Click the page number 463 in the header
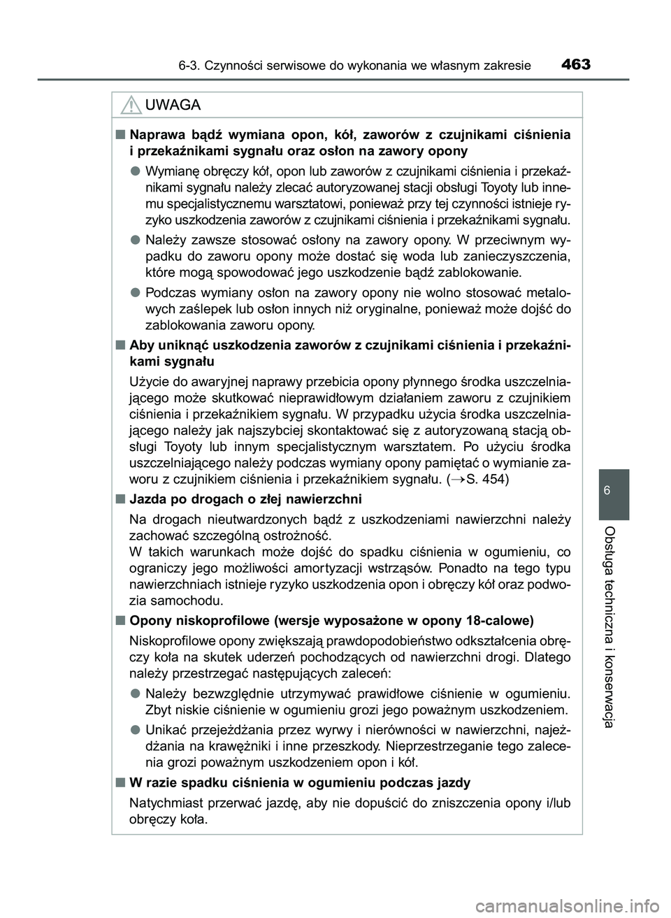coord(575,65)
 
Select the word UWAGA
coord(172,106)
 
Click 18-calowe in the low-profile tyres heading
coord(497,621)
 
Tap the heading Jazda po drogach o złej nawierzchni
coord(245,499)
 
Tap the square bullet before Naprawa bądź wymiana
coord(120,134)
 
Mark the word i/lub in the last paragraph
coord(556,803)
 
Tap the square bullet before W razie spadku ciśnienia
coord(120,782)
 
